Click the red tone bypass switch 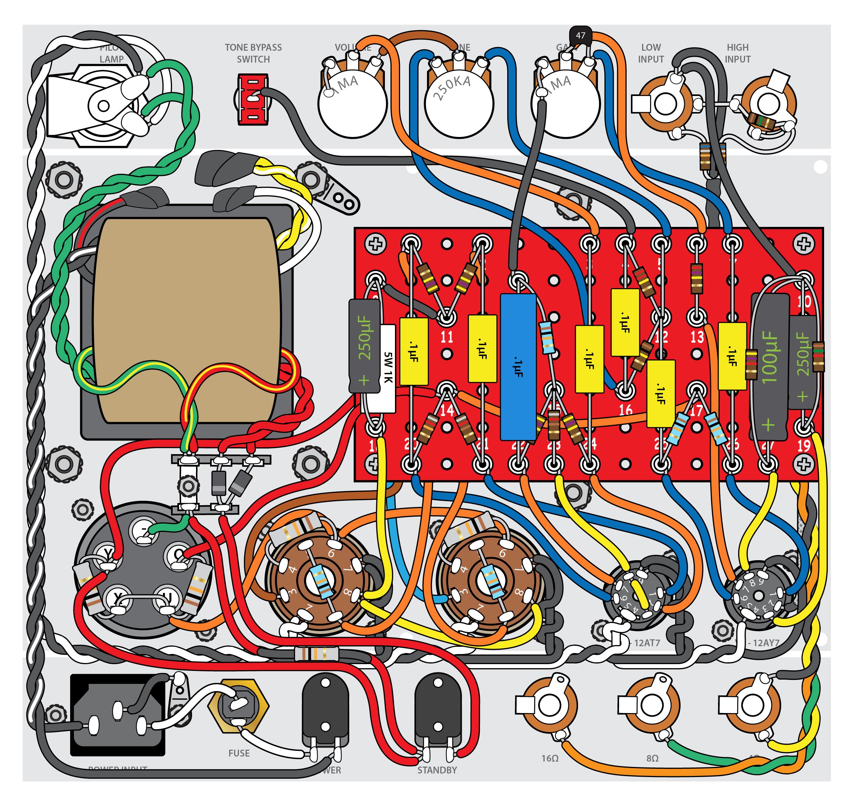(253, 99)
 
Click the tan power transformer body (187, 320)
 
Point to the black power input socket (118, 715)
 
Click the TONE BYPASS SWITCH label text (253, 53)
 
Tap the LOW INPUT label (651, 53)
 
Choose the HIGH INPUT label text (737, 53)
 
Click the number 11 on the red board (446, 337)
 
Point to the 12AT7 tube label (646, 643)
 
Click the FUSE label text (239, 753)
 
